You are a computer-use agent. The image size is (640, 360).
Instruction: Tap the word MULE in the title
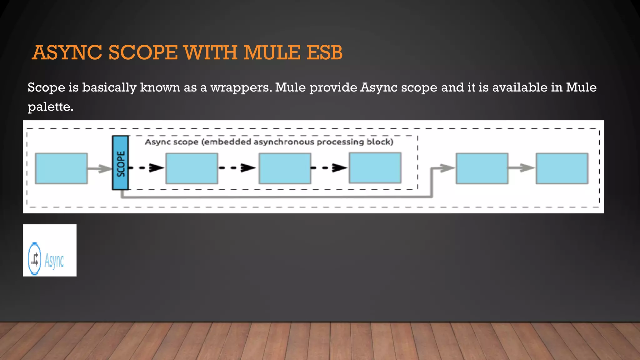(x=271, y=52)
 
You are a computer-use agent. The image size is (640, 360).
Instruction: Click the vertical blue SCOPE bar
(x=120, y=163)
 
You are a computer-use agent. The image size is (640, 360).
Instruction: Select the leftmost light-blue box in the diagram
(x=61, y=168)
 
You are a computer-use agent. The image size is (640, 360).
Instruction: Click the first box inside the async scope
(x=192, y=168)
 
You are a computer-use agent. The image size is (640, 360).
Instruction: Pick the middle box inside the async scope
(x=285, y=168)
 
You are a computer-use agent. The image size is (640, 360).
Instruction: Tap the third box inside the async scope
(x=375, y=168)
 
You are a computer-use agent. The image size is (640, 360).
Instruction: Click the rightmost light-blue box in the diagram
(x=562, y=168)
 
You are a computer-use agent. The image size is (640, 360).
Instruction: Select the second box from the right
(x=482, y=168)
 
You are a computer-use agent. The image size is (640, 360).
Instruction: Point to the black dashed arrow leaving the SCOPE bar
(x=147, y=168)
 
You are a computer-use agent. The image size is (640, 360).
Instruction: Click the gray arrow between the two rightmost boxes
(x=522, y=168)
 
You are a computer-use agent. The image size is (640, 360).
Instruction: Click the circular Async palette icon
(x=34, y=259)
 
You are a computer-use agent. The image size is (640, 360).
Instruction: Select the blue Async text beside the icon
(x=54, y=260)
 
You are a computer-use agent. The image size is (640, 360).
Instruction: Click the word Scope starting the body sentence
(x=46, y=88)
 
